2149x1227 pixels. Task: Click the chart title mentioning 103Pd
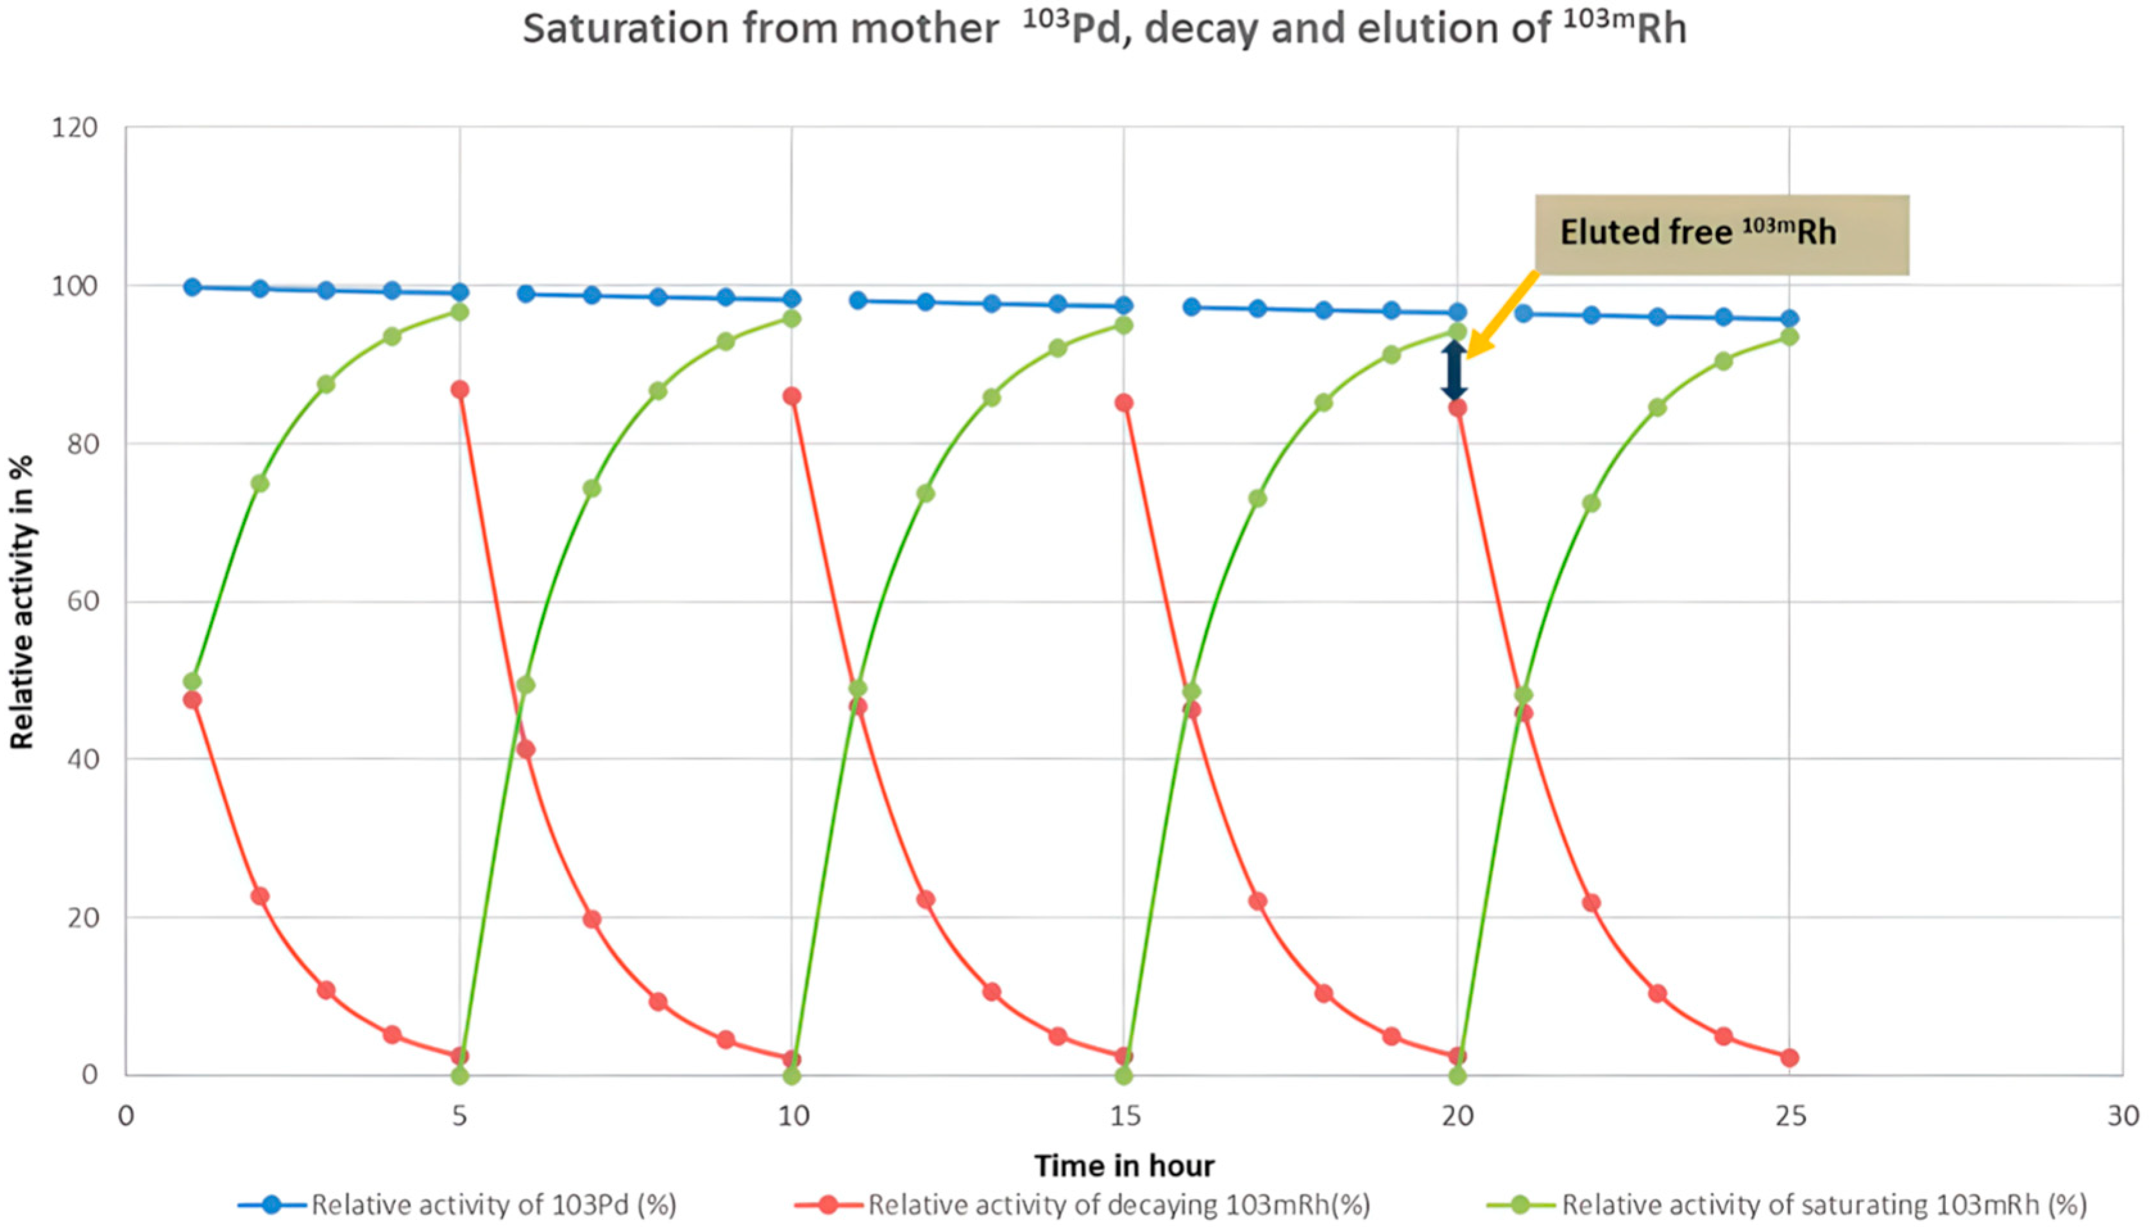(x=1104, y=30)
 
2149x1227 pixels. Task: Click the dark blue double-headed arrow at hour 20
(x=1454, y=370)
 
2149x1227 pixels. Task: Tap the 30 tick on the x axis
(x=2122, y=1116)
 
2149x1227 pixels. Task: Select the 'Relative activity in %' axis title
(x=22, y=602)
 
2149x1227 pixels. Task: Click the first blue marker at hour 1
(x=192, y=287)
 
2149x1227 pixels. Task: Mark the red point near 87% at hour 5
(x=459, y=389)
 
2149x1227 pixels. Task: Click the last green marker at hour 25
(x=1789, y=336)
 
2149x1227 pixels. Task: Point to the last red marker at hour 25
(x=1789, y=1058)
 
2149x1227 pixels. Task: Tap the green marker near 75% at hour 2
(x=260, y=484)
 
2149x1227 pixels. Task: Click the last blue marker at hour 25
(x=1789, y=319)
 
